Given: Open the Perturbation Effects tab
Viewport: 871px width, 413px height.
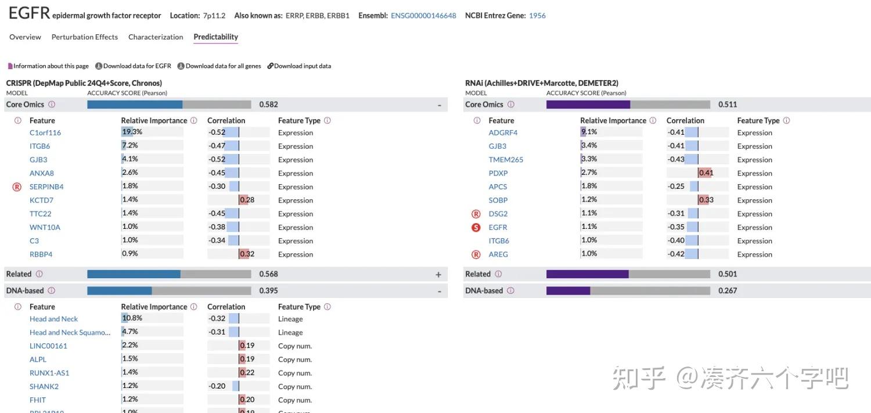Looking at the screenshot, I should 84,37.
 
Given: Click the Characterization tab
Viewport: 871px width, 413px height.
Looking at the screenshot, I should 156,37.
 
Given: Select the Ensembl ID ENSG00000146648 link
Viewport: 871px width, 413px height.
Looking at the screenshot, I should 423,16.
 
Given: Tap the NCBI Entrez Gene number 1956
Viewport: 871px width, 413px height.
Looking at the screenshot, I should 537,16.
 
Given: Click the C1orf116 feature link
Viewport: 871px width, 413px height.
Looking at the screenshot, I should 45,132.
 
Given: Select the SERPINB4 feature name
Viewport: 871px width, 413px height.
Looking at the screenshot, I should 46,186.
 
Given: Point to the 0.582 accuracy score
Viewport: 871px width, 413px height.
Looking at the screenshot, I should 268,105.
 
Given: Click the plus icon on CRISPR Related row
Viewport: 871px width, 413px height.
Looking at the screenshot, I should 438,274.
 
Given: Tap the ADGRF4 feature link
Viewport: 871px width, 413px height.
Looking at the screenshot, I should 503,132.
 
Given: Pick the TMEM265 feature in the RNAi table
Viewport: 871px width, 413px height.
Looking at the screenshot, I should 506,160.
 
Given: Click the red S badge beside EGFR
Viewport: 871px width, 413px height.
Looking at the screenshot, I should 476,227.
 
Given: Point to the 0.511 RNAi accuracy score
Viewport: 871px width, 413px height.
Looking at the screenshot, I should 728,105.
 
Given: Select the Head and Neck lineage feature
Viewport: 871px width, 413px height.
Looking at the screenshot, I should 53,319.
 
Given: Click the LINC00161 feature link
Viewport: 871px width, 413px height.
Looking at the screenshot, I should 48,346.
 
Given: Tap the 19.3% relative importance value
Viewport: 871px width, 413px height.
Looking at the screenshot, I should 132,132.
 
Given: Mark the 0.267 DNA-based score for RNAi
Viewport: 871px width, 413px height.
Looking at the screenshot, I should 728,290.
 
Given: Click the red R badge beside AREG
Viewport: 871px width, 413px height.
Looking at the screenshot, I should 476,254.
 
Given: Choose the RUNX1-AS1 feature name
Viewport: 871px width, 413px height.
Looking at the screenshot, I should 49,373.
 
